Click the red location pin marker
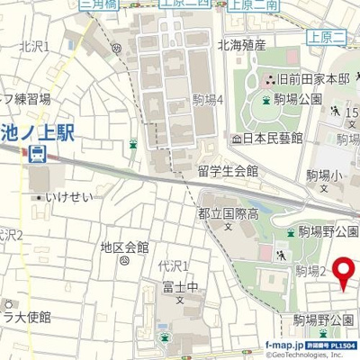pyautogui.click(x=345, y=274)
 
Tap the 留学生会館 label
pyautogui.click(x=228, y=170)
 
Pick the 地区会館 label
pyautogui.click(x=124, y=247)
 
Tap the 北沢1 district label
pyautogui.click(x=60, y=46)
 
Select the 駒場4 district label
pyautogui.click(x=207, y=102)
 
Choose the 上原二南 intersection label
pyautogui.click(x=252, y=4)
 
